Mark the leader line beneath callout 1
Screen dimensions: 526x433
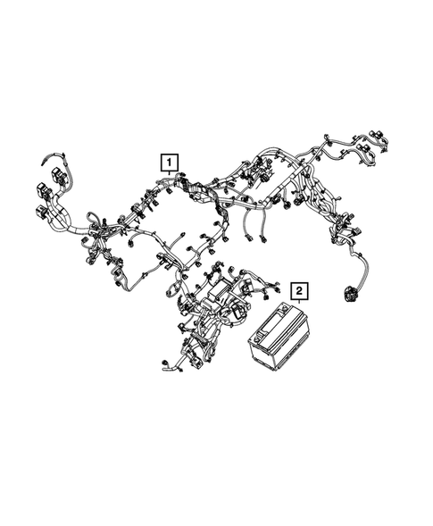point(169,175)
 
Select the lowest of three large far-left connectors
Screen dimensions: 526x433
point(43,213)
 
